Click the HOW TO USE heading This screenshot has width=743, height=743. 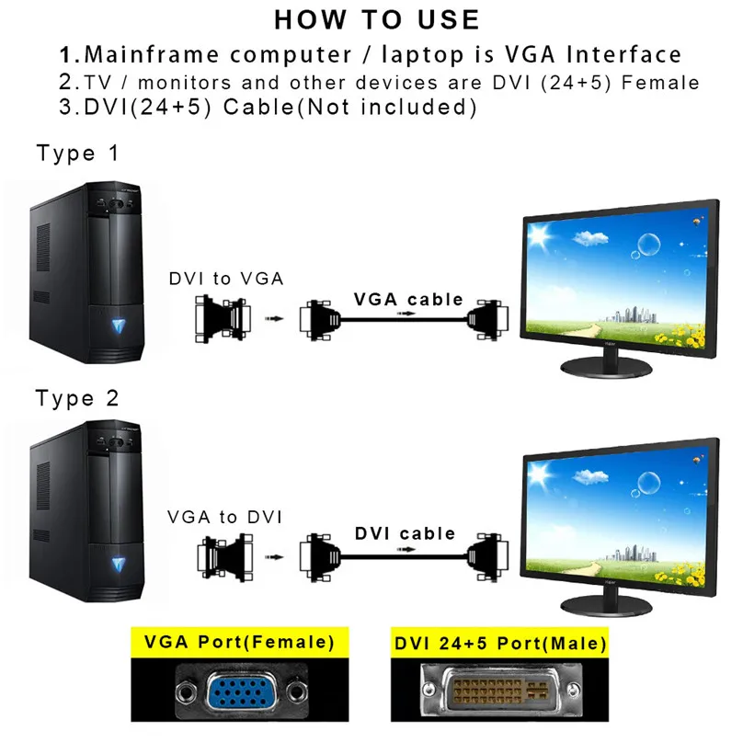pyautogui.click(x=376, y=19)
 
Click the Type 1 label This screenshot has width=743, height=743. pyautogui.click(x=78, y=154)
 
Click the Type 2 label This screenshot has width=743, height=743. pyautogui.click(x=78, y=399)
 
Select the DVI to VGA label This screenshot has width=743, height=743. pyautogui.click(x=226, y=279)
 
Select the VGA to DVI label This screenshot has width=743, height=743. pyautogui.click(x=226, y=517)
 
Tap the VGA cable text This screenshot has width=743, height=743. pyautogui.click(x=408, y=299)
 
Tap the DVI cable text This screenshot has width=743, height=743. pyautogui.click(x=406, y=533)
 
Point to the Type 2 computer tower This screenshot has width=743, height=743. pyautogui.click(x=87, y=515)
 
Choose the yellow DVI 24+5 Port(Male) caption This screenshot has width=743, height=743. pyautogui.click(x=500, y=642)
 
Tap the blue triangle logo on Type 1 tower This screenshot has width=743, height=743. pyautogui.click(x=120, y=325)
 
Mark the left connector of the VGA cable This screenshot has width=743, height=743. pyautogui.click(x=320, y=318)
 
